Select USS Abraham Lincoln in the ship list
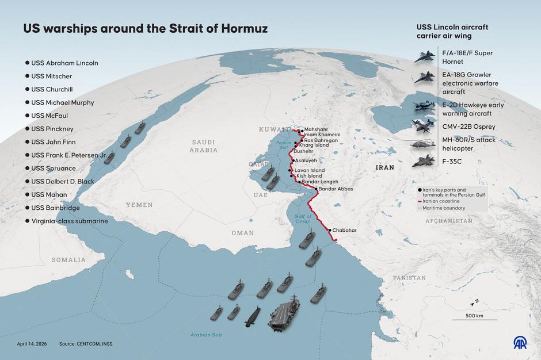tap(64, 63)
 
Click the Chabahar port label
tap(344, 230)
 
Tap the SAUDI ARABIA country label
tap(205, 146)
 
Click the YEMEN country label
tap(140, 205)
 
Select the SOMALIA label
tap(68, 260)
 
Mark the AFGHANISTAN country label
tap(449, 221)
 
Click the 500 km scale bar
tap(474, 318)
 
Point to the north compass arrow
tap(475, 302)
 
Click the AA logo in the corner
tap(521, 343)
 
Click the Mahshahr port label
tap(317, 130)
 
